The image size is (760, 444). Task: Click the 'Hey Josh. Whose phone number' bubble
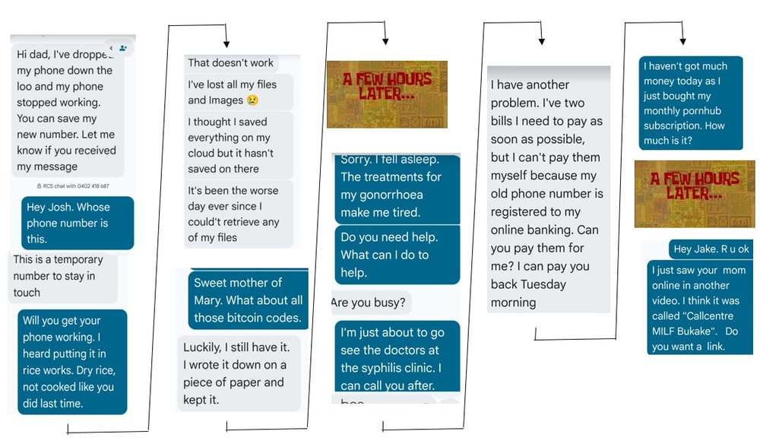click(78, 222)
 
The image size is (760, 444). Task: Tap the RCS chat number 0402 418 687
click(91, 186)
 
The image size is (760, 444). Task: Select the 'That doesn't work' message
click(231, 63)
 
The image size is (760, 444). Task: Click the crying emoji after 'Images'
click(252, 100)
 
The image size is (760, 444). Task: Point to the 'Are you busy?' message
click(369, 303)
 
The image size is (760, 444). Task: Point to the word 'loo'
click(24, 87)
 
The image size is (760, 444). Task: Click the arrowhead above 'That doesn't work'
click(226, 45)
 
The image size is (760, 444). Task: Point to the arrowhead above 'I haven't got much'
click(682, 41)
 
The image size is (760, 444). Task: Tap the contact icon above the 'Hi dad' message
click(122, 48)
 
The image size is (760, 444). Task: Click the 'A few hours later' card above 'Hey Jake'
click(695, 194)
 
